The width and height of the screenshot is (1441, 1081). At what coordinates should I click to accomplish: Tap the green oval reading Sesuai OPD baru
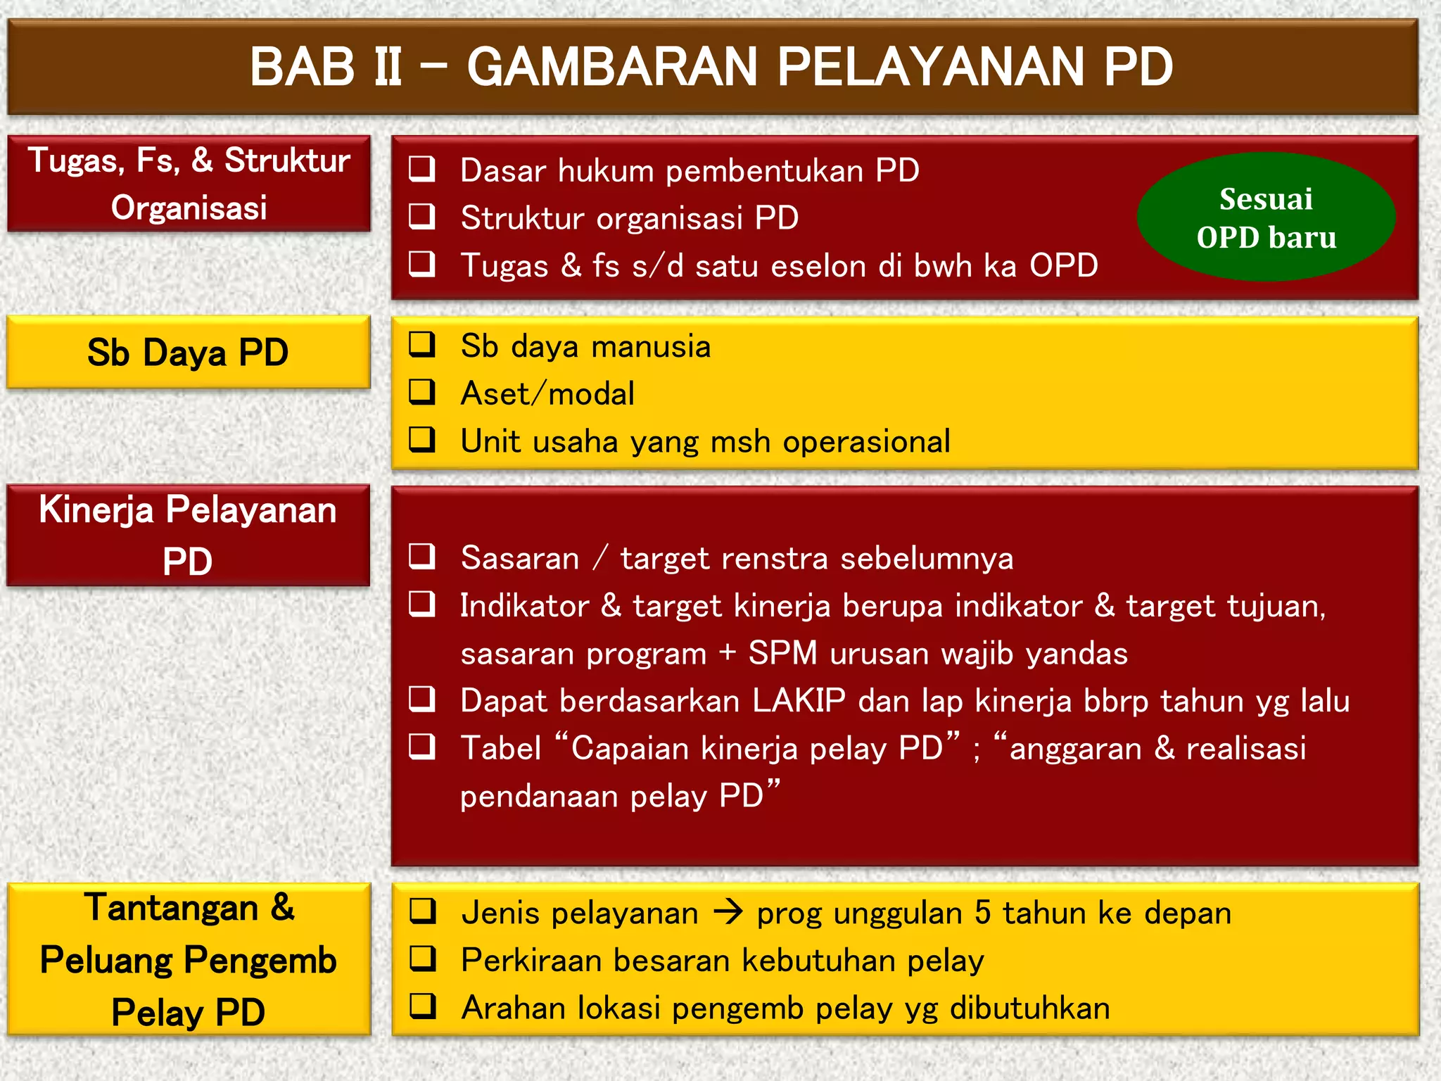pyautogui.click(x=1266, y=217)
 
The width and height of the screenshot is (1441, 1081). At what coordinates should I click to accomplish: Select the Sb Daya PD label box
pyautogui.click(x=188, y=352)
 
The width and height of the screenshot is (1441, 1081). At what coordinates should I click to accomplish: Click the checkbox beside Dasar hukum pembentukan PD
pyautogui.click(x=422, y=170)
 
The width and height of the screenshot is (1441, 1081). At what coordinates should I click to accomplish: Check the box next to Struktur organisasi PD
pyautogui.click(x=422, y=217)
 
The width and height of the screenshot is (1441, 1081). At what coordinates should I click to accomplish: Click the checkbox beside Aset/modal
pyautogui.click(x=422, y=392)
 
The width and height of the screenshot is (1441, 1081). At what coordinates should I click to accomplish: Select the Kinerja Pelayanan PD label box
pyautogui.click(x=188, y=535)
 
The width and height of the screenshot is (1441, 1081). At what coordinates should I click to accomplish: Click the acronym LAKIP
pyautogui.click(x=799, y=701)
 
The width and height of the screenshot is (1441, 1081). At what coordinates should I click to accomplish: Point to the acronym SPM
pyautogui.click(x=782, y=653)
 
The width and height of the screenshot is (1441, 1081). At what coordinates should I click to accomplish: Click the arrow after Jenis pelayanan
pyautogui.click(x=728, y=913)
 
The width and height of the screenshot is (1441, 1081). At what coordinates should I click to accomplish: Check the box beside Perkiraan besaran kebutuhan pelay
pyautogui.click(x=422, y=959)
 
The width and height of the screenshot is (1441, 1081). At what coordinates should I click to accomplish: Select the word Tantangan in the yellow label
pyautogui.click(x=172, y=908)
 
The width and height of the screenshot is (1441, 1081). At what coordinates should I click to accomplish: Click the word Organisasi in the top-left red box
pyautogui.click(x=189, y=208)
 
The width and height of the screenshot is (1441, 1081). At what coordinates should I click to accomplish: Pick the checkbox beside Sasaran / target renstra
pyautogui.click(x=422, y=557)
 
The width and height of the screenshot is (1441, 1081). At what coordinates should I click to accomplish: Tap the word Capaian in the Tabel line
pyautogui.click(x=629, y=748)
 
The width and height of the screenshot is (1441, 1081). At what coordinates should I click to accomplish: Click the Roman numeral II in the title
pyautogui.click(x=387, y=68)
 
